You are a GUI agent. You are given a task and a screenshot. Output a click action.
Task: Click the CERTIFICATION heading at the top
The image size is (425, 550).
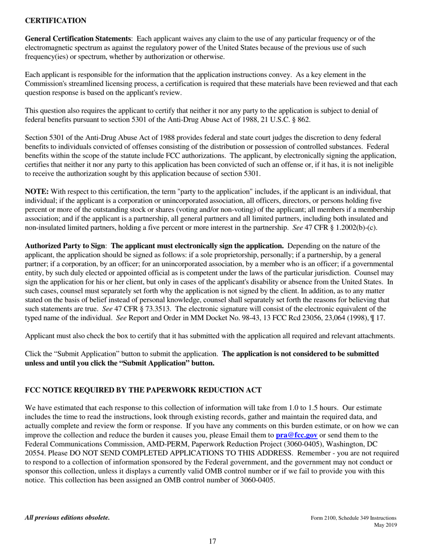55,21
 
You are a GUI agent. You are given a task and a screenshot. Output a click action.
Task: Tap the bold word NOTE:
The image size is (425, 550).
37,191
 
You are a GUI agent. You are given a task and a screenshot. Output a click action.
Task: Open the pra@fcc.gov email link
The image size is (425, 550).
297,435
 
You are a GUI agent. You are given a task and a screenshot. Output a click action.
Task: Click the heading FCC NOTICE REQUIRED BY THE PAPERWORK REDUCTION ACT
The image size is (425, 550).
143,390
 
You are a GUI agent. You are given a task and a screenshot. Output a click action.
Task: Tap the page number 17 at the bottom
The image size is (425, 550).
212,542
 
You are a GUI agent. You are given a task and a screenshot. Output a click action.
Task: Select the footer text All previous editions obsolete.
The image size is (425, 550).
67,518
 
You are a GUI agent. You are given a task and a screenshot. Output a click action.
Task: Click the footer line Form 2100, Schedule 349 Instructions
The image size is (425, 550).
353,518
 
